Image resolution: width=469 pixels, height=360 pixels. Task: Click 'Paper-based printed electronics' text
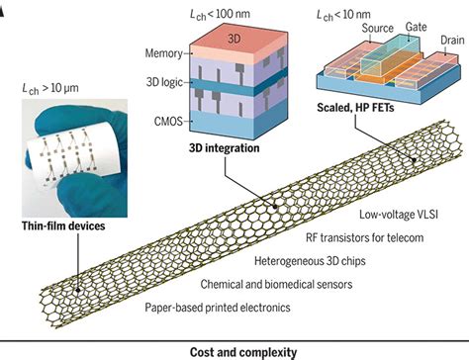(x=214, y=308)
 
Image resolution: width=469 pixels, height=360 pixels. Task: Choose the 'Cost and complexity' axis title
(x=234, y=350)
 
